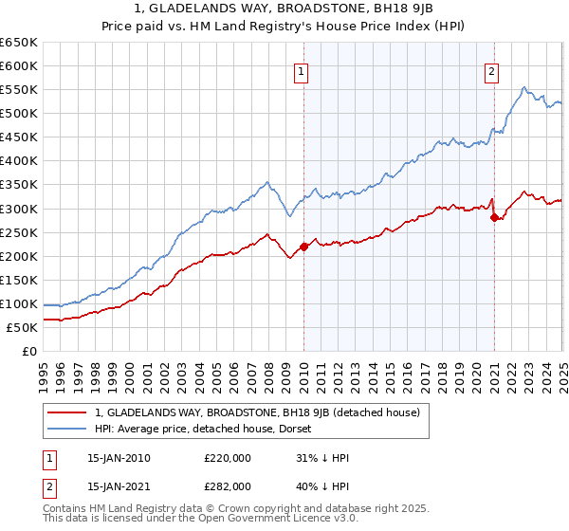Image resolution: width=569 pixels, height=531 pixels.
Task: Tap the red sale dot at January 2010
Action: click(x=303, y=247)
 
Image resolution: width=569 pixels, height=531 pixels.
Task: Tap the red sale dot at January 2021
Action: click(x=494, y=217)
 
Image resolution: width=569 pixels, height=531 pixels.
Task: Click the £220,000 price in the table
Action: click(x=227, y=458)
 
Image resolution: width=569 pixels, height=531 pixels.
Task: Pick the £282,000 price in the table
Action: click(x=227, y=485)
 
